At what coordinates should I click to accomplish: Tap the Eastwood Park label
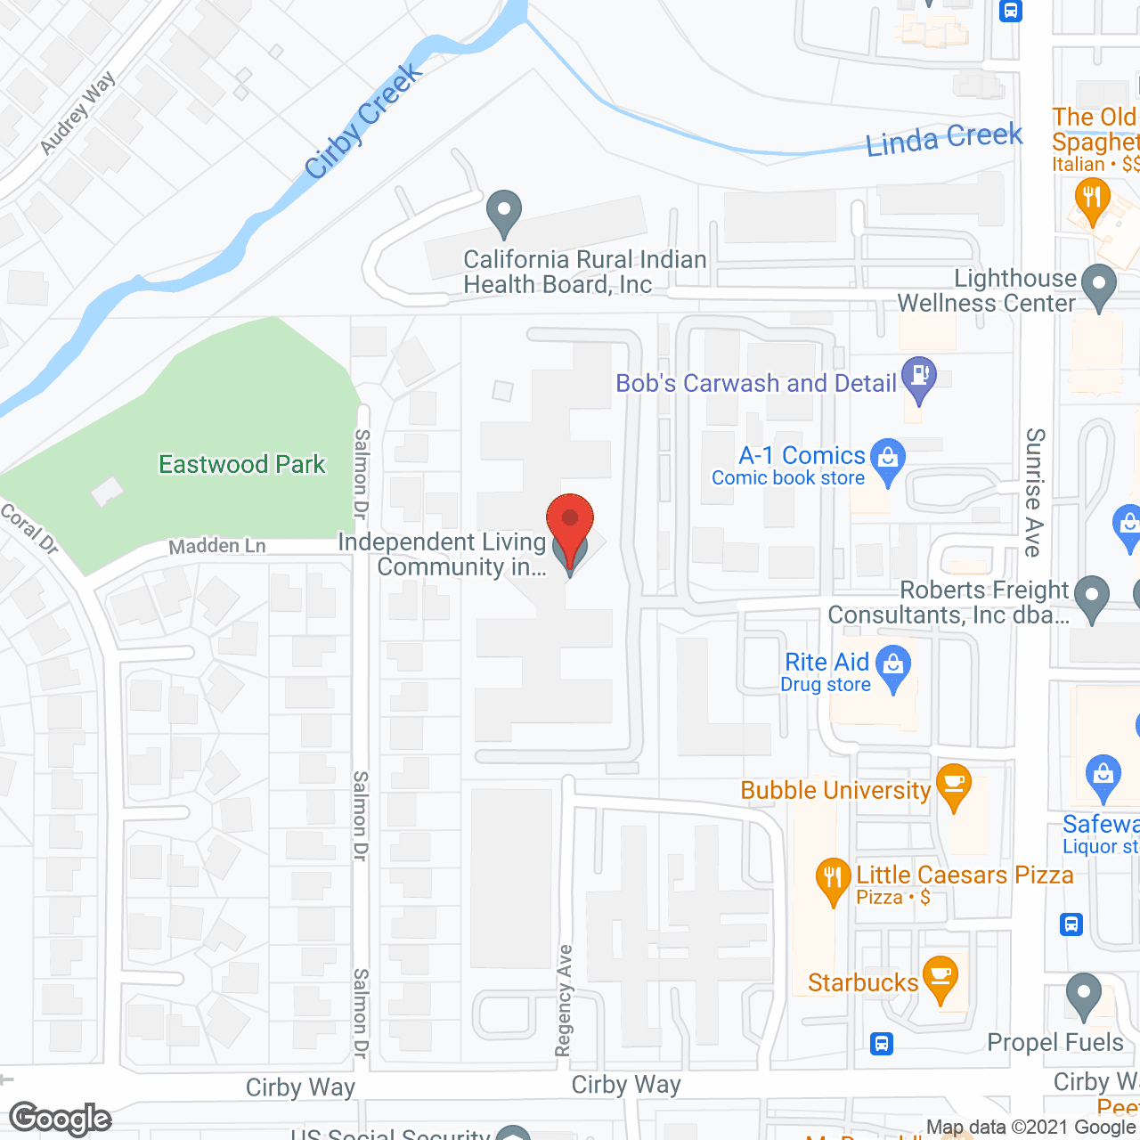(x=241, y=464)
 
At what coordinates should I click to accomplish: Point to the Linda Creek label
(x=943, y=140)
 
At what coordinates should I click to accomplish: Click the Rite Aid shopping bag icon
(x=893, y=664)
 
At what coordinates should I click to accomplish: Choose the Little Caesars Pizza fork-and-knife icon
(x=833, y=877)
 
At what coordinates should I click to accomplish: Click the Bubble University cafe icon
(x=953, y=784)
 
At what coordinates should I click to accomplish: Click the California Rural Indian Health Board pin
(x=504, y=212)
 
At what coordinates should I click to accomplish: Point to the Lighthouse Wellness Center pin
(x=1098, y=286)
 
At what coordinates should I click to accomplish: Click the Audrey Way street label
(x=77, y=112)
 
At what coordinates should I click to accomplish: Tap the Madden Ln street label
(x=217, y=546)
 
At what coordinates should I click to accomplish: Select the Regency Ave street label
(x=564, y=1000)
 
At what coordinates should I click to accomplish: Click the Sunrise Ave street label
(x=1034, y=492)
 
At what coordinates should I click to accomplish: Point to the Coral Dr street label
(x=29, y=529)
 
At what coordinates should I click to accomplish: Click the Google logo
(x=61, y=1119)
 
